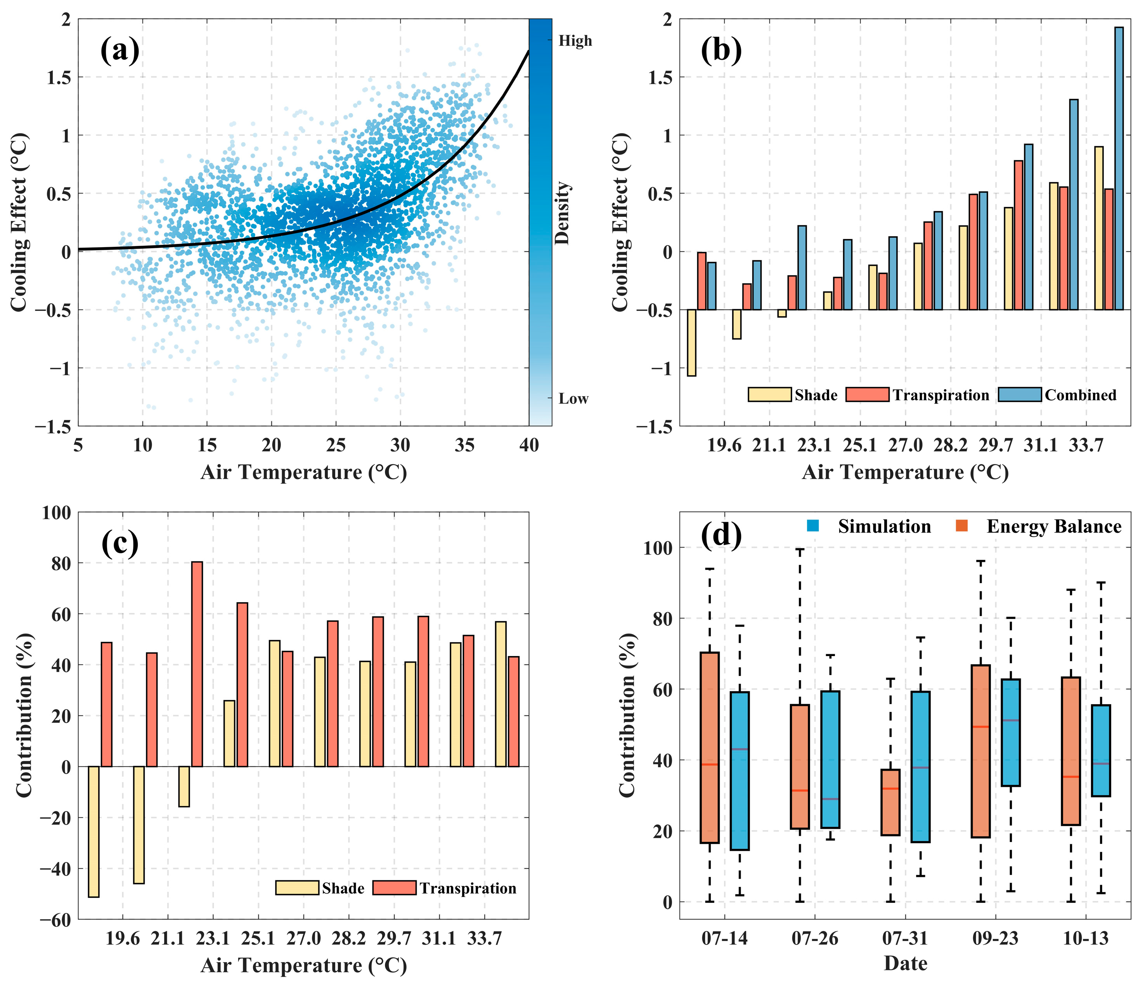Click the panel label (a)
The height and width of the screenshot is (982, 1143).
point(120,51)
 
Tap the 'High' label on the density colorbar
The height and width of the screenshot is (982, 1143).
point(575,41)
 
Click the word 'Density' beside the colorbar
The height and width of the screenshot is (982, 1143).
point(562,213)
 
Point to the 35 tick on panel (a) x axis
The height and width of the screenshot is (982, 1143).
point(464,445)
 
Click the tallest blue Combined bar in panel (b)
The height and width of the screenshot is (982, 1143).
point(1119,166)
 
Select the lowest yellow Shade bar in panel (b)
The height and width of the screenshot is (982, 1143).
point(691,342)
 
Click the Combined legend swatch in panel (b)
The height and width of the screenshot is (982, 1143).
point(1020,395)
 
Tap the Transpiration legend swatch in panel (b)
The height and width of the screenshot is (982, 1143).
point(867,395)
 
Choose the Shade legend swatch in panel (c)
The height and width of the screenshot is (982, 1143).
point(297,888)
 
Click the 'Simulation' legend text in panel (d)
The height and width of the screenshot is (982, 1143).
point(884,527)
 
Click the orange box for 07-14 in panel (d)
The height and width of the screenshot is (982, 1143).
point(709,748)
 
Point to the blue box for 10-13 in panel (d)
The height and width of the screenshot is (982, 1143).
point(1101,750)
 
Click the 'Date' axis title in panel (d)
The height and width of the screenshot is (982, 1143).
point(905,964)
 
